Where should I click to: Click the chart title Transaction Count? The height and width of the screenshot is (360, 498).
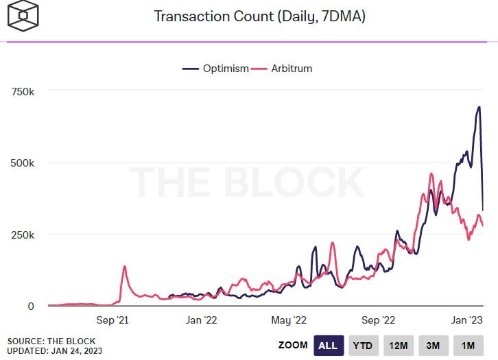tap(214, 16)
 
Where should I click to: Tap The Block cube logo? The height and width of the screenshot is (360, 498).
tap(23, 16)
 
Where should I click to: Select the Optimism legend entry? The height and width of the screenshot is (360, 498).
tap(215, 69)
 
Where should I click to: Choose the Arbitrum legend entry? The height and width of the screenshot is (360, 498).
tap(281, 69)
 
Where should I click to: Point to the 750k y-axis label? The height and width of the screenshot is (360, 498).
tap(23, 92)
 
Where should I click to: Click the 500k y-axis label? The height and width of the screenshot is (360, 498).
tap(22, 163)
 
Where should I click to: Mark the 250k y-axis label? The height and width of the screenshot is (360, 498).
tap(23, 235)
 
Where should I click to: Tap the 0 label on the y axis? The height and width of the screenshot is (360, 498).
tap(31, 307)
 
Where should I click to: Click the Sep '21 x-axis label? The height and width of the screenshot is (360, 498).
tap(112, 320)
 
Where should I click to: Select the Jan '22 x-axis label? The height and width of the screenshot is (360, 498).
tap(202, 320)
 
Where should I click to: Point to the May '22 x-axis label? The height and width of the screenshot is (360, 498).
tap(289, 320)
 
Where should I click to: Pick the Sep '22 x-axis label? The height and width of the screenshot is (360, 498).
tap(378, 320)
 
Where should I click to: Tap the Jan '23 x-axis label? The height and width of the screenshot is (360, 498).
tap(467, 320)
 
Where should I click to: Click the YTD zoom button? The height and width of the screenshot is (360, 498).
tap(364, 346)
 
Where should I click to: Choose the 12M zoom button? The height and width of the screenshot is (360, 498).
tap(399, 346)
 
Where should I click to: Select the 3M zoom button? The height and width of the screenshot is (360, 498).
tap(434, 346)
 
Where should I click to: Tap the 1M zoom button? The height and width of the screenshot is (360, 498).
tap(469, 346)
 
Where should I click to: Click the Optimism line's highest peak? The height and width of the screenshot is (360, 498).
tap(479, 107)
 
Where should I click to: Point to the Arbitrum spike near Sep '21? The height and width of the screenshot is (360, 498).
tap(125, 267)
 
